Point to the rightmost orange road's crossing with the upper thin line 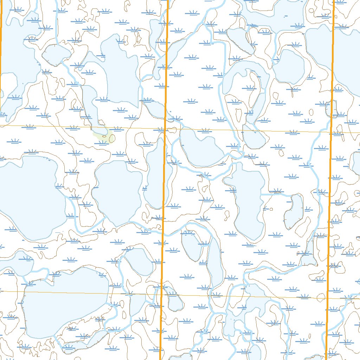(331, 132)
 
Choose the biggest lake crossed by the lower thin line (63, 302)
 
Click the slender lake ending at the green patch (91, 105)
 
